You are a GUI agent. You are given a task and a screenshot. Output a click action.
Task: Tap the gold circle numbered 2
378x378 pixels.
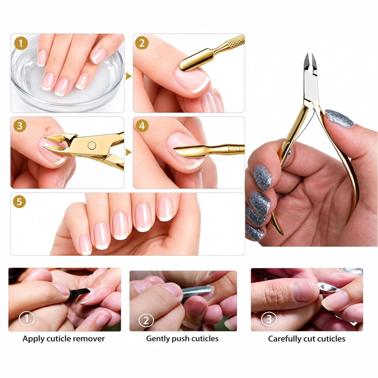click(x=142, y=43)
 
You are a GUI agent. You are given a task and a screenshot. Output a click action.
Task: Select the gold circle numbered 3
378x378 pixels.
click(x=20, y=126)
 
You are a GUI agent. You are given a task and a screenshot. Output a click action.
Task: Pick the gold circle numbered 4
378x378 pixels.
click(x=142, y=126)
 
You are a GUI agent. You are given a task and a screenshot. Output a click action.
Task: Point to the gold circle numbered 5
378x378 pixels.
click(x=19, y=202)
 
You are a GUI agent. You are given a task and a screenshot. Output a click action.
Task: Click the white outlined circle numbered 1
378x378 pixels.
click(x=26, y=319)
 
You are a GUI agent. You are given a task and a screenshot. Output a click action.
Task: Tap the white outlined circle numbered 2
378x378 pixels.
click(x=146, y=320)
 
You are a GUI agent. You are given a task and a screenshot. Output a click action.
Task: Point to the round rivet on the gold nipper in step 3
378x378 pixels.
click(x=91, y=145)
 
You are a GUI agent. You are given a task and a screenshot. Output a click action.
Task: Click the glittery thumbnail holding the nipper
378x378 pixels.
click(x=339, y=118)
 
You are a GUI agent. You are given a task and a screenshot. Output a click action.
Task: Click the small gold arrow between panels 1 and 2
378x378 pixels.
click(x=129, y=76)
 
